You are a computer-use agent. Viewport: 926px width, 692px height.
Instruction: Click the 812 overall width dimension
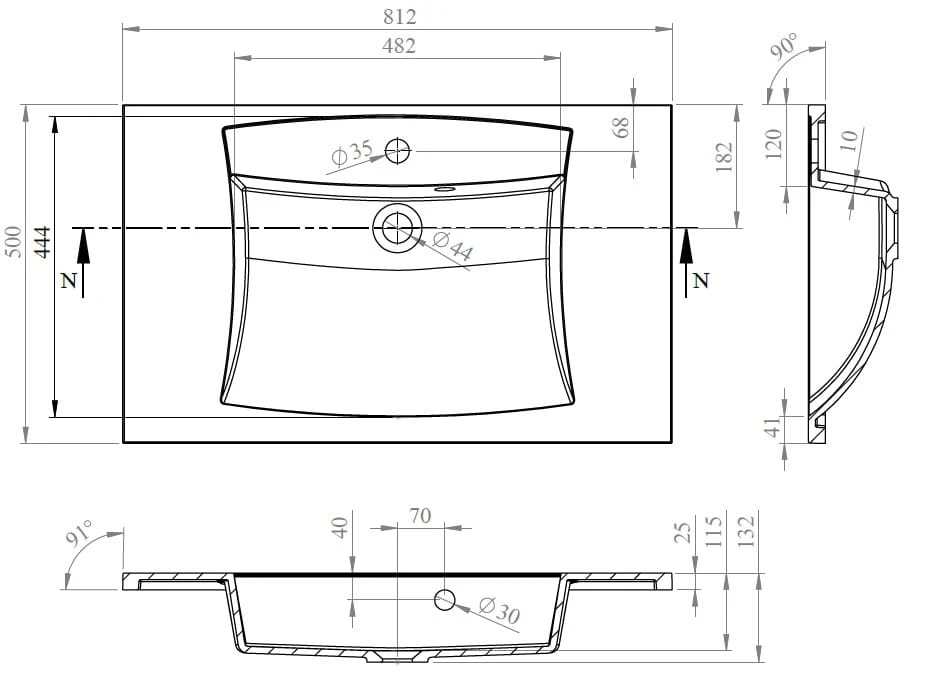click(x=400, y=17)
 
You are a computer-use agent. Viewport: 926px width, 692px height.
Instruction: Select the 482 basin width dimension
click(x=399, y=45)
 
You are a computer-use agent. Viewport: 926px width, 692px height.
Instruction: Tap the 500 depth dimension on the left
click(x=13, y=241)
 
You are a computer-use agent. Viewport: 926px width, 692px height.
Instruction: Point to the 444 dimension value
click(x=42, y=242)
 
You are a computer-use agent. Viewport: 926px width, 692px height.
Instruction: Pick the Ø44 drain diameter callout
click(x=453, y=246)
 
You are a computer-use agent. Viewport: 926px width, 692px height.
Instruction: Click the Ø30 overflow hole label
click(x=500, y=610)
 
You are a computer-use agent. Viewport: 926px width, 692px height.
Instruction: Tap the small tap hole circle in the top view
click(x=397, y=151)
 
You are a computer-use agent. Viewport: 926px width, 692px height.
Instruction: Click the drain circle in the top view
click(x=397, y=228)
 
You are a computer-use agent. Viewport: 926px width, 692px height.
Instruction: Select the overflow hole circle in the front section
click(x=445, y=600)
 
